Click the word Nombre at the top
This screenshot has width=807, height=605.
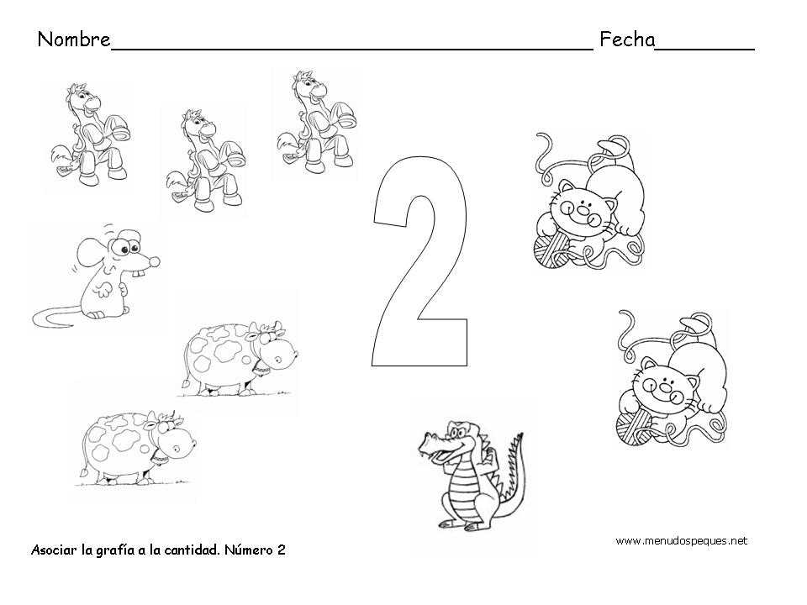point(74,39)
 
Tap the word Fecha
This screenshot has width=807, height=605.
point(627,39)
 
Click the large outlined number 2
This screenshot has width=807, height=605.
point(420,262)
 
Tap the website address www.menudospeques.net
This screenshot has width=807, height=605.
point(682,540)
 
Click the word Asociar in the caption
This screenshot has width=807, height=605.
point(54,550)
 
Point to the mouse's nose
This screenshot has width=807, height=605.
point(154,262)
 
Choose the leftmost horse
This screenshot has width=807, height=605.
point(91,134)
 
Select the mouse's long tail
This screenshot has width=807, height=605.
point(56,314)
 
